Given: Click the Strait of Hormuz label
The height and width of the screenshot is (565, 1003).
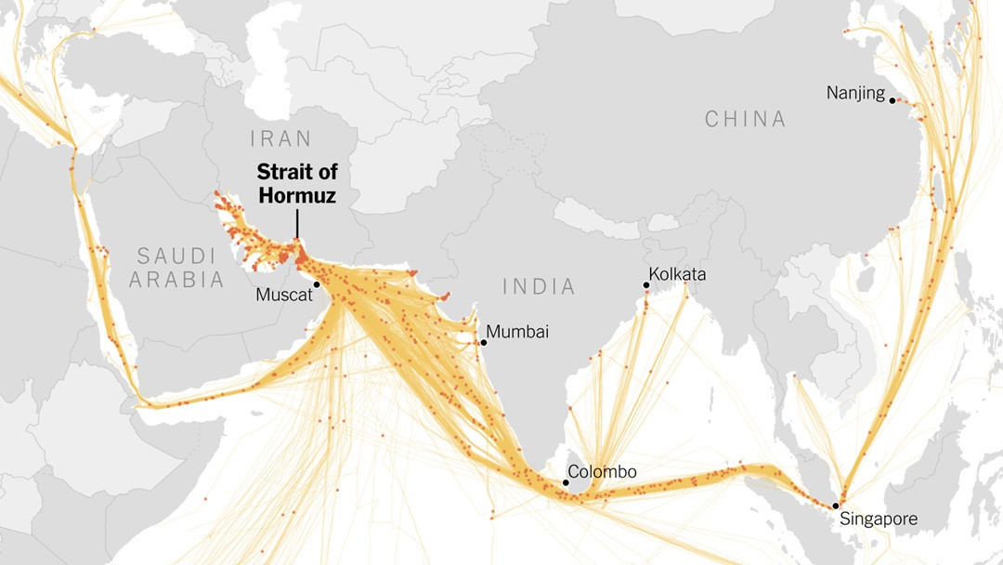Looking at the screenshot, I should [297, 183].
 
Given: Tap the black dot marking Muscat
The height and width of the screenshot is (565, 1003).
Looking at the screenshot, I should [317, 284].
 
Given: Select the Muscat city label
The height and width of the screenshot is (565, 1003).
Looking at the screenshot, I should [282, 295].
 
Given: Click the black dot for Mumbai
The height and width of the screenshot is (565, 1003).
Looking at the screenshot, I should [483, 343].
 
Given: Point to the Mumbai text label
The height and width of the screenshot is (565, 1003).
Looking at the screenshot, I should [518, 332].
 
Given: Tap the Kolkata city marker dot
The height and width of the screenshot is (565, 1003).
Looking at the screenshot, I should [645, 285].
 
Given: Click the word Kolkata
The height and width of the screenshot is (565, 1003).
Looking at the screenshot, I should [677, 274].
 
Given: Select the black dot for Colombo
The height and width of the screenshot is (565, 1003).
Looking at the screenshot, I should [566, 482].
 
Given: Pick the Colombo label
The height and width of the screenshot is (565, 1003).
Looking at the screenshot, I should [602, 471].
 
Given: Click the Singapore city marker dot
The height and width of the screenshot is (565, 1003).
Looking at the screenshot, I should [834, 506].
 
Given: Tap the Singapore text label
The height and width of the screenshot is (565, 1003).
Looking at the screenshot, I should [878, 519].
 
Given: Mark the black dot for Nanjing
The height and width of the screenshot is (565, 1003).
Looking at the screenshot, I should [891, 100].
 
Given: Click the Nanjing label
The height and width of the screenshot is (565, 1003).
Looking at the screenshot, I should [855, 93].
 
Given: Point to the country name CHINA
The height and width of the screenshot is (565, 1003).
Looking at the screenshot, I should [745, 119].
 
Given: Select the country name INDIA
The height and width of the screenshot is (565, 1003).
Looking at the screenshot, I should [539, 286].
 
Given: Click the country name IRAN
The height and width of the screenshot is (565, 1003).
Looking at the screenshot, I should [280, 139].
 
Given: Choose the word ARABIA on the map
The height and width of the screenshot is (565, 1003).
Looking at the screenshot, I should [176, 279].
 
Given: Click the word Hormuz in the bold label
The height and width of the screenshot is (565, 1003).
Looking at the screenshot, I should [297, 195].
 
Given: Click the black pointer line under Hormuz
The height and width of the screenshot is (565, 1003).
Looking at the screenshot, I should [297, 224].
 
